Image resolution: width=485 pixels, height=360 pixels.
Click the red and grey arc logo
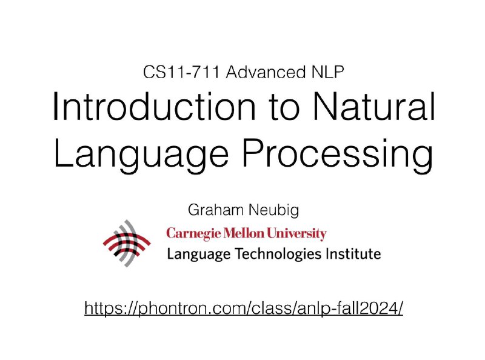tap(130, 243)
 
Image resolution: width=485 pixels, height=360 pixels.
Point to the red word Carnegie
tap(193, 234)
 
